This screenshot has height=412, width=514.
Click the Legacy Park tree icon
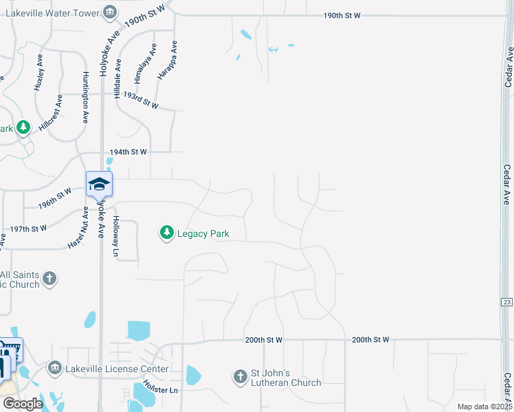coord(166,233)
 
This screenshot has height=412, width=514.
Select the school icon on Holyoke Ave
coord(99,183)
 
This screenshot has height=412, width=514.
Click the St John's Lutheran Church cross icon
coord(240,376)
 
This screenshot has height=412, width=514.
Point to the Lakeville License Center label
coord(117,369)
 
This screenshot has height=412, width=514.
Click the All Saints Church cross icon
coord(49,279)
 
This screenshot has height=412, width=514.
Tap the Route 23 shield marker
coord(506,302)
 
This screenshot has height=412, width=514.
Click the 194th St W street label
coord(128,152)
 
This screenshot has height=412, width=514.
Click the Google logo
coord(22,403)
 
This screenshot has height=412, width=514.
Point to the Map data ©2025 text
coord(484,407)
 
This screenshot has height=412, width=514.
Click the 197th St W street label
coord(29,228)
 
